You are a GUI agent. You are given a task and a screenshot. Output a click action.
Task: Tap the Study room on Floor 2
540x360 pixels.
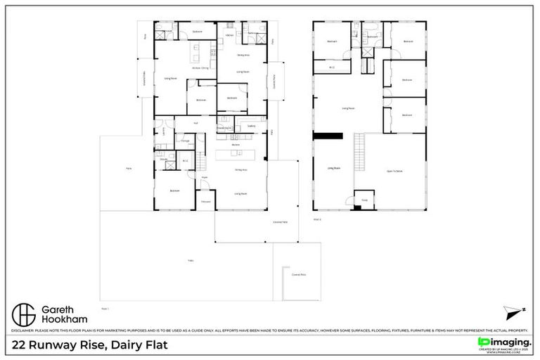pyautogui.click(x=364, y=199)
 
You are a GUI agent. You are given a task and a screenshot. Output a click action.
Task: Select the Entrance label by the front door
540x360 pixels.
pyautogui.click(x=206, y=202)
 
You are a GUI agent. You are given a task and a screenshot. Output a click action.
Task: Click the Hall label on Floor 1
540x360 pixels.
pyautogui.click(x=196, y=123)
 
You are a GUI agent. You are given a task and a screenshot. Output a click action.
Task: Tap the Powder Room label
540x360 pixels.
pyautogui.click(x=224, y=128)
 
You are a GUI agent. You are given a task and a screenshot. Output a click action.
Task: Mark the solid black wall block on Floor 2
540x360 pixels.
pyautogui.click(x=327, y=136)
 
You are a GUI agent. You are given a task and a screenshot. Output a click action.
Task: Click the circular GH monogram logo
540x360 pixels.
pyautogui.click(x=25, y=314)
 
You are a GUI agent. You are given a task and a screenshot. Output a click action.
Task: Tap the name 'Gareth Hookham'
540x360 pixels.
pyautogui.click(x=64, y=314)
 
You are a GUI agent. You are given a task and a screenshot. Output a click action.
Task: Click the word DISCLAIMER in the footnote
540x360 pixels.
pyautogui.click(x=25, y=330)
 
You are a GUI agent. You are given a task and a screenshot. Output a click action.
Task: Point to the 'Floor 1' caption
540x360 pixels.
pyautogui.click(x=105, y=308)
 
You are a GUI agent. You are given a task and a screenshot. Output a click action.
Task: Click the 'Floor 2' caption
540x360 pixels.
pyautogui.click(x=317, y=219)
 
